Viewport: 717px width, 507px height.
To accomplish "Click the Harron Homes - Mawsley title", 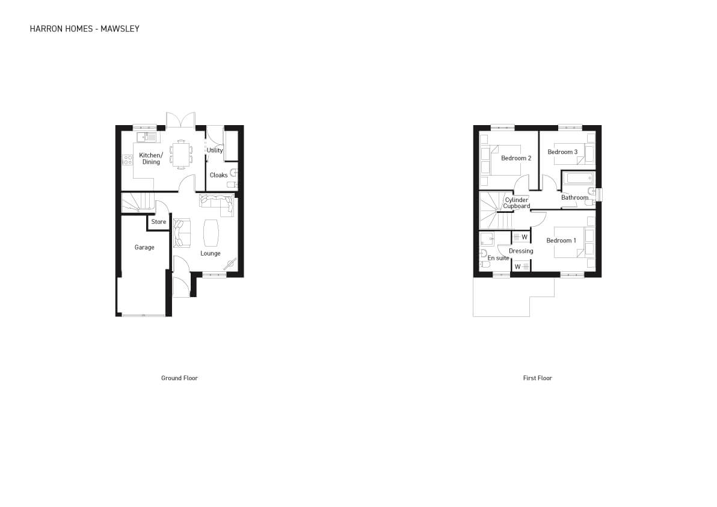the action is tap(85, 29).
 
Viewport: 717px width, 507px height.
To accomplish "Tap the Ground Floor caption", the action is tap(179, 378).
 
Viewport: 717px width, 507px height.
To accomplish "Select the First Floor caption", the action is tap(537, 378).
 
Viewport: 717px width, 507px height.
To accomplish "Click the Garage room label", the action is tap(144, 247).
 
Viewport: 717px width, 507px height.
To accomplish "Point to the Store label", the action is tap(159, 222).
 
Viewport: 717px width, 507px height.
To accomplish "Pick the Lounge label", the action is tap(211, 253).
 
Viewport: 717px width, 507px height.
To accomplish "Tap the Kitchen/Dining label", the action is tap(151, 159).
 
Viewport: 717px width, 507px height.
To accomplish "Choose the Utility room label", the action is tap(215, 150).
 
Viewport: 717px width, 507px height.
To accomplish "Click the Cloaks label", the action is tap(218, 175).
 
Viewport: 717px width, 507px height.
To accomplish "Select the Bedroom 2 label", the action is tap(516, 158).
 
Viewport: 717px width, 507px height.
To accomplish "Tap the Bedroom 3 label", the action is tap(562, 152).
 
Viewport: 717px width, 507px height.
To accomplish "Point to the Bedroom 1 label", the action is tap(561, 241).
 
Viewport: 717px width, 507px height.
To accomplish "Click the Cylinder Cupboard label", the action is tap(517, 203).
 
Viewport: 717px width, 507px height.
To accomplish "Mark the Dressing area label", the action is tap(521, 251).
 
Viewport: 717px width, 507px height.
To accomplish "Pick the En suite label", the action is tap(498, 258).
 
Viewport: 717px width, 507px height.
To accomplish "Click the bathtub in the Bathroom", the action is tap(579, 178).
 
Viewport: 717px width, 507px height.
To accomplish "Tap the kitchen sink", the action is tap(146, 137).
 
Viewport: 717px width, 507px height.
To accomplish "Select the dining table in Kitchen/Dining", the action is tap(182, 154).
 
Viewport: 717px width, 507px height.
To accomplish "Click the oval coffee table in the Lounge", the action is tap(211, 233).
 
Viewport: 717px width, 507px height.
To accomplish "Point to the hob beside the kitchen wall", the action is tap(128, 160).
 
